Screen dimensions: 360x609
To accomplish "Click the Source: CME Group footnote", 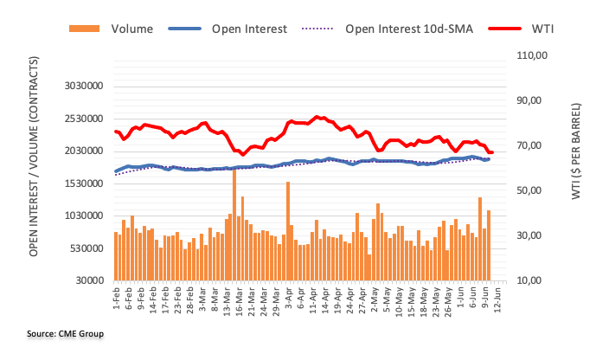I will tap(65, 333).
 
